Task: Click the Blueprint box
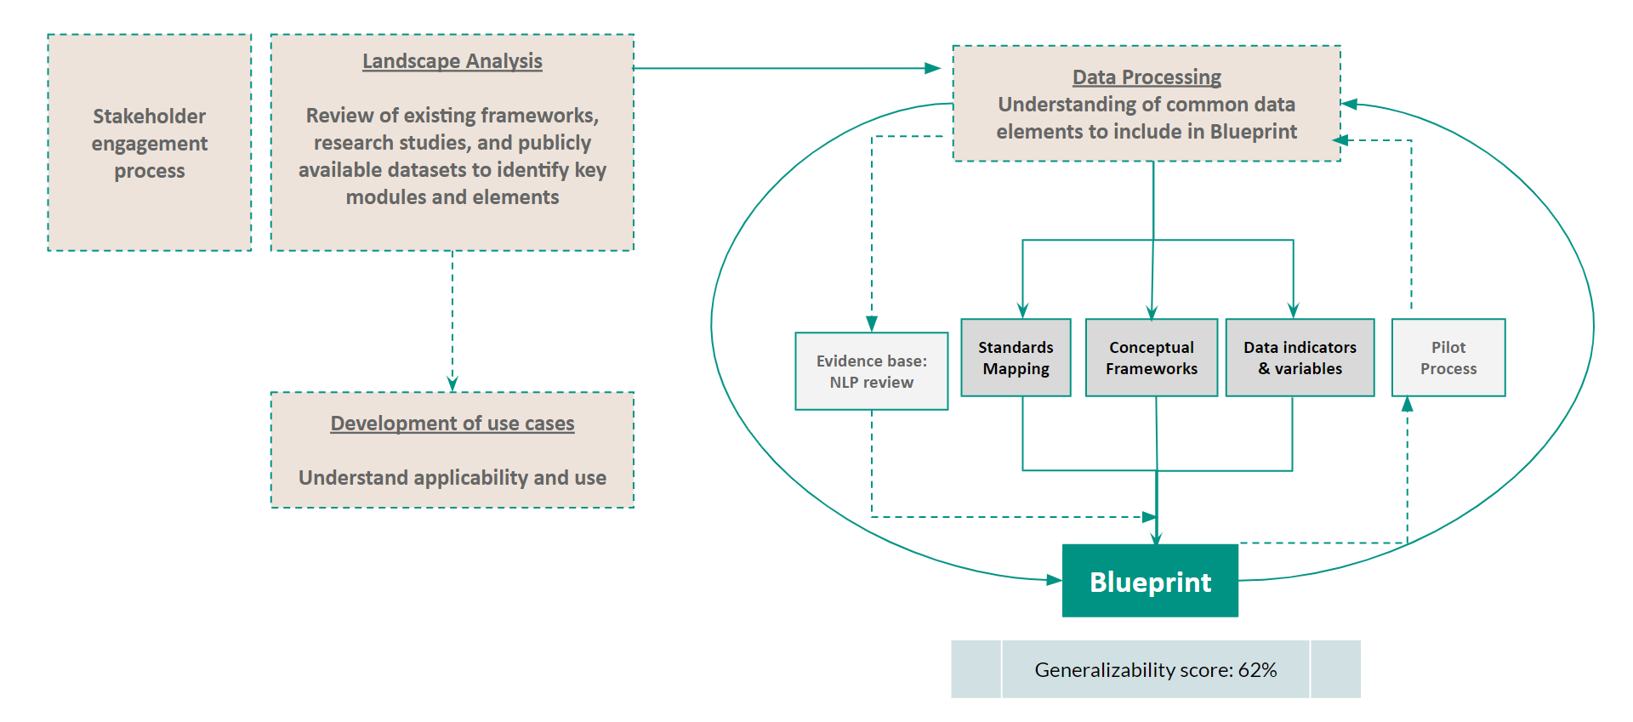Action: [x=1150, y=581]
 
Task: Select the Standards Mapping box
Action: [x=1016, y=358]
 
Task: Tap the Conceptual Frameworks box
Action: [x=1152, y=358]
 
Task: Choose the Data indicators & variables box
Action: [x=1300, y=358]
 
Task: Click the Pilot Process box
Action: [x=1448, y=358]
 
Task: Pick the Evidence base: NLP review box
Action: [x=872, y=372]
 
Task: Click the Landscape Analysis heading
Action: [x=452, y=61]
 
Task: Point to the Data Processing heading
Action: [x=1147, y=77]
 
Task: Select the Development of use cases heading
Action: [x=452, y=424]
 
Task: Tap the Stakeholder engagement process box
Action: [x=150, y=143]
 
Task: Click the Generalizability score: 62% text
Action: [x=1156, y=670]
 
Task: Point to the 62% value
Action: [x=1258, y=670]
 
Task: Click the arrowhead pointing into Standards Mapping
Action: [x=1022, y=310]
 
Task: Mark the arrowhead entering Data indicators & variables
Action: [x=1294, y=310]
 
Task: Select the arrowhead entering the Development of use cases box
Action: [x=452, y=384]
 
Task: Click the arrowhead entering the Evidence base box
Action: [x=872, y=324]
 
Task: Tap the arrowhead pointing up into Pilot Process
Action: [x=1408, y=405]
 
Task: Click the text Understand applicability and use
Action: [x=452, y=478]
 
